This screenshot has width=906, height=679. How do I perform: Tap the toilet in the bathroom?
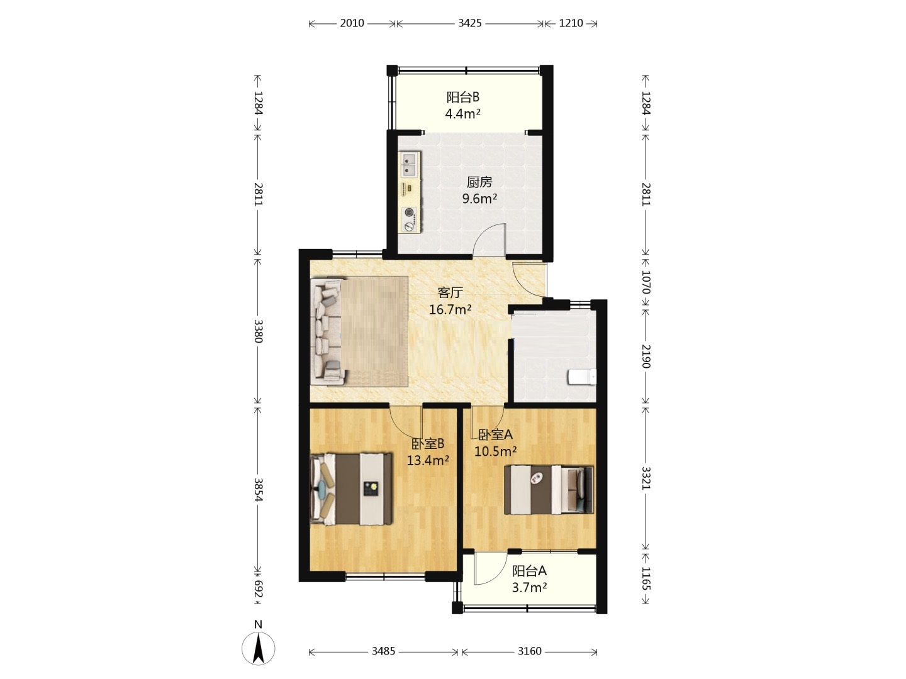coord(582,377)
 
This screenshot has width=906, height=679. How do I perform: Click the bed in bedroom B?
coord(351,489)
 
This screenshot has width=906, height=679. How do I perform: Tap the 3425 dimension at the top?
coord(470,23)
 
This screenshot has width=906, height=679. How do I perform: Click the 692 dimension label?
coord(259,589)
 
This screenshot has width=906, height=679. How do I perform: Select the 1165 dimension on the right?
coord(646,579)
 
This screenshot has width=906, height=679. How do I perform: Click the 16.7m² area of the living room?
coord(450,309)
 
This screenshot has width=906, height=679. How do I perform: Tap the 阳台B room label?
coord(462,97)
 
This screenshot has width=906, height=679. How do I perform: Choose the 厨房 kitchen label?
coord(479,182)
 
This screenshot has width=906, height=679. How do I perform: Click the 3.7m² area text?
coord(530,587)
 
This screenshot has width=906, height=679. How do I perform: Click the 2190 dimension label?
coord(646,356)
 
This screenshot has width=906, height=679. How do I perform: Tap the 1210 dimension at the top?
coord(571,23)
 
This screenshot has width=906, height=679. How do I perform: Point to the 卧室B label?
coord(428,444)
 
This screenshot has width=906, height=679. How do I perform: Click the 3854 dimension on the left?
coord(259,490)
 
